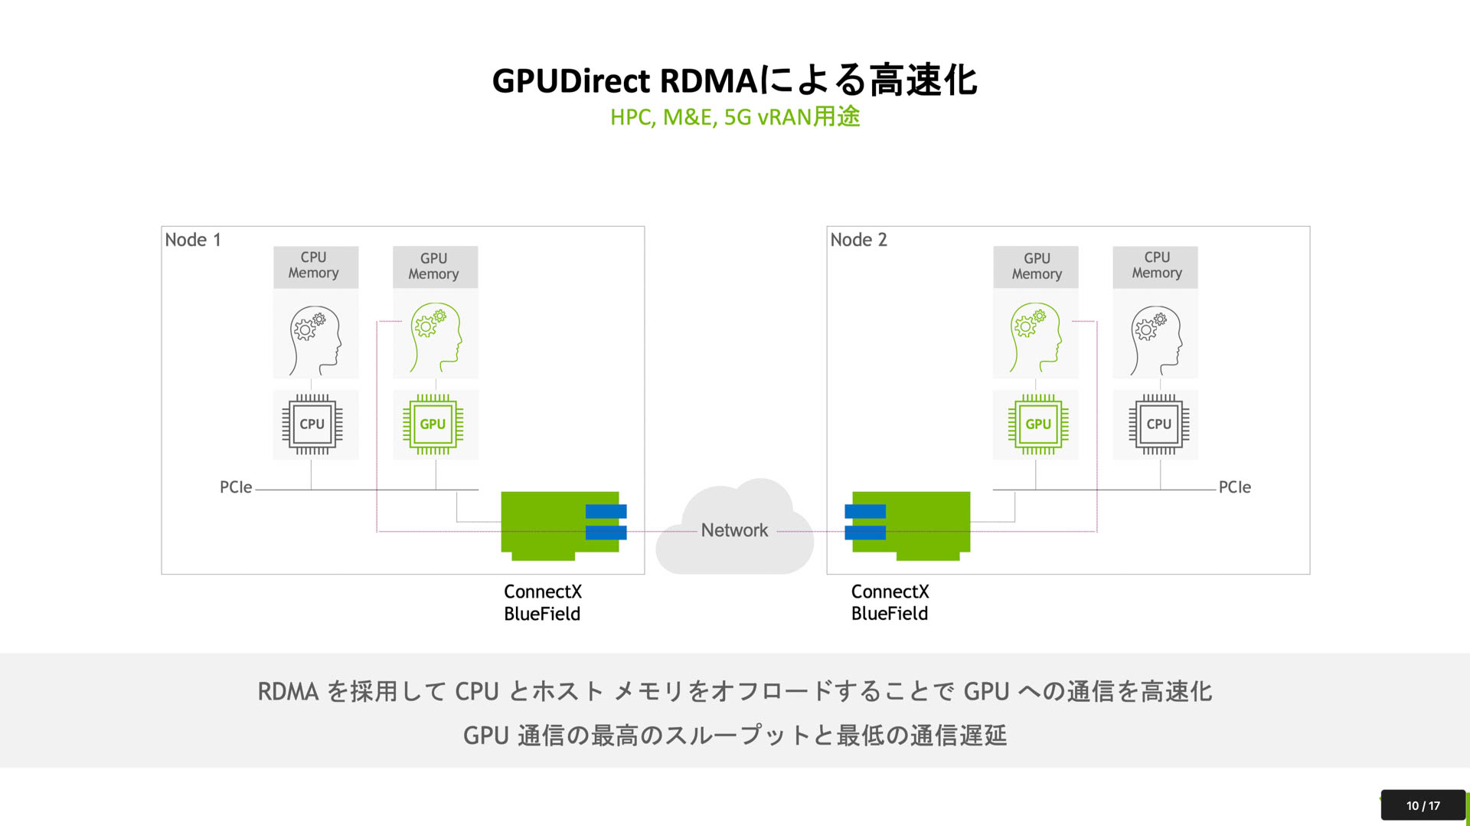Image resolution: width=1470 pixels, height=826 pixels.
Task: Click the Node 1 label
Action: [x=193, y=240]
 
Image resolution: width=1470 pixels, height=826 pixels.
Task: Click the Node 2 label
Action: [x=858, y=240]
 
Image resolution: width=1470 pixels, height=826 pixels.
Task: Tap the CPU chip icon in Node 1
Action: [x=312, y=424]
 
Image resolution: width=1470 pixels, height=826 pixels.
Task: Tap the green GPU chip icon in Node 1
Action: [x=433, y=424]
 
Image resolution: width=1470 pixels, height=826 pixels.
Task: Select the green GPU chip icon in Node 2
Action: [x=1038, y=424]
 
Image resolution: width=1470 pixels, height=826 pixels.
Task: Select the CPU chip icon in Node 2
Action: [x=1158, y=424]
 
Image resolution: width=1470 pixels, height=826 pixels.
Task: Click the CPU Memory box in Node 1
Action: [x=314, y=266]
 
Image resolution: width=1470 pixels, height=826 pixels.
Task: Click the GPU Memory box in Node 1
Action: [x=433, y=267]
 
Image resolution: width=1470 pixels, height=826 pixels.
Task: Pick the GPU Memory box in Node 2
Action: [x=1037, y=267]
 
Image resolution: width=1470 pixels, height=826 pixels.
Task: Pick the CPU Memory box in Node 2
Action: [x=1156, y=266]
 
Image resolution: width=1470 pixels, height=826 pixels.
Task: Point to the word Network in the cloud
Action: [x=734, y=530]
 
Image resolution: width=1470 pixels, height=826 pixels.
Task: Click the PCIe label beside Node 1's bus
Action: [x=236, y=487]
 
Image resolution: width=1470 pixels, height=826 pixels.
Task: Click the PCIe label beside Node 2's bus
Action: [x=1234, y=487]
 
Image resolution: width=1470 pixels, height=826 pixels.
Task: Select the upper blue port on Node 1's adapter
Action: [x=606, y=511]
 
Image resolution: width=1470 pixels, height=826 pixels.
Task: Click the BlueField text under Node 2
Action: [x=890, y=614]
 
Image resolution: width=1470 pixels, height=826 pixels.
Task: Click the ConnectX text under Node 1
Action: [x=543, y=592]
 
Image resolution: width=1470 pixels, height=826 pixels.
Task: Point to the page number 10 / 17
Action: [x=1423, y=805]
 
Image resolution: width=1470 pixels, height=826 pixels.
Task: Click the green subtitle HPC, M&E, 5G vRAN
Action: [x=734, y=117]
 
